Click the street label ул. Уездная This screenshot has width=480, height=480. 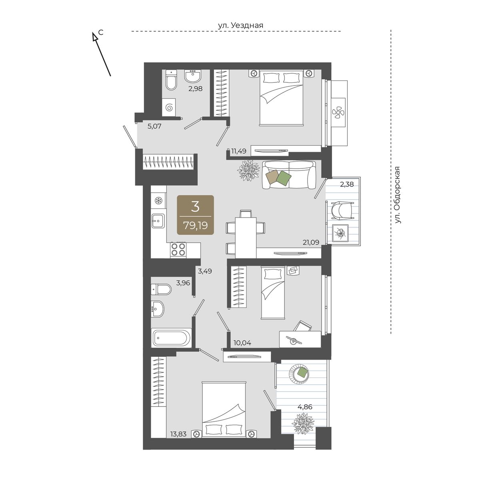(x=240, y=25)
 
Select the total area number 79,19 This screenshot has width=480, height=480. (x=195, y=226)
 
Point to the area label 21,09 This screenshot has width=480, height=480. (x=311, y=242)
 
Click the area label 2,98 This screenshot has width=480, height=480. (x=195, y=88)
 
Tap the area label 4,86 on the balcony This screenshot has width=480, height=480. (x=305, y=407)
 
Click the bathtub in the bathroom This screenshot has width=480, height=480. (x=171, y=338)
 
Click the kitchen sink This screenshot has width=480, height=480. (x=158, y=221)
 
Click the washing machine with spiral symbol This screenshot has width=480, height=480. (x=169, y=107)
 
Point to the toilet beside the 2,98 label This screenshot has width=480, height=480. (x=171, y=80)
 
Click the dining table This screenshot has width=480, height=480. (x=246, y=237)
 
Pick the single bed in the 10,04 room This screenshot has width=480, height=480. (x=272, y=293)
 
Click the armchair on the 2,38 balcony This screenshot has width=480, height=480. (x=342, y=211)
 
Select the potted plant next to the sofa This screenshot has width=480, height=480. (x=248, y=171)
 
